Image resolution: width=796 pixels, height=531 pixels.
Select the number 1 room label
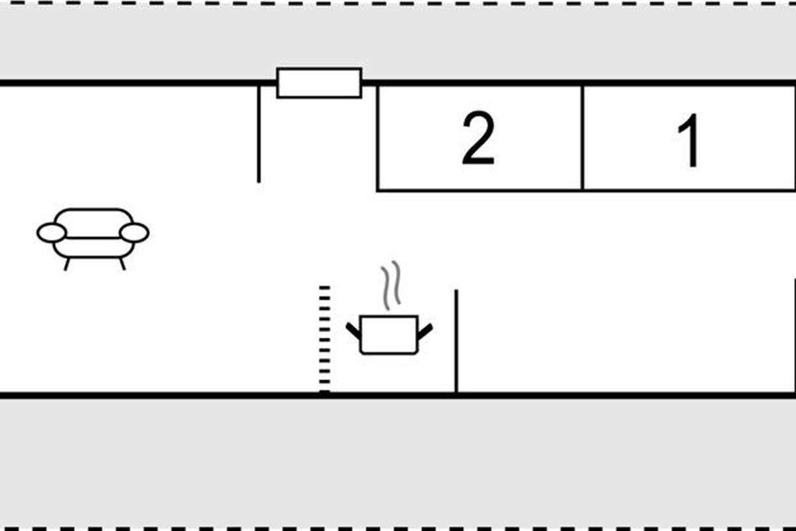(x=690, y=141)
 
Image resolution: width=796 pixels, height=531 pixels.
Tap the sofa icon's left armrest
(x=51, y=233)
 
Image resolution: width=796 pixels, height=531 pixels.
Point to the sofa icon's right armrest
(x=135, y=233)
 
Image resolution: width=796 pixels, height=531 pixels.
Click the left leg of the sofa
(x=66, y=264)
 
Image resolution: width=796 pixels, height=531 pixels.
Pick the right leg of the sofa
(x=122, y=264)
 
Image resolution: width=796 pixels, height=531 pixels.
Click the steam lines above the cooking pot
(x=391, y=285)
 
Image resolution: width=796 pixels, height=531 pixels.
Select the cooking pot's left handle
(x=352, y=329)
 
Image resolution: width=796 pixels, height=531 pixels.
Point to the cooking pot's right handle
(x=425, y=329)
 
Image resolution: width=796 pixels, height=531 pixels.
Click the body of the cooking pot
(x=389, y=336)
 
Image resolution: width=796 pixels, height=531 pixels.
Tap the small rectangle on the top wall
(x=319, y=83)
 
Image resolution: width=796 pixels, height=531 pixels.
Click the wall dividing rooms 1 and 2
(x=582, y=137)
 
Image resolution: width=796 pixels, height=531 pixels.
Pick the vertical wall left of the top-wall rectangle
(x=259, y=133)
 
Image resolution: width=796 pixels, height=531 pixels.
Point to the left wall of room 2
(x=377, y=137)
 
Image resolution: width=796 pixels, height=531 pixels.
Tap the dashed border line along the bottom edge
(x=398, y=529)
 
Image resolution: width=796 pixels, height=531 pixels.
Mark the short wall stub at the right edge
(x=794, y=335)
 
